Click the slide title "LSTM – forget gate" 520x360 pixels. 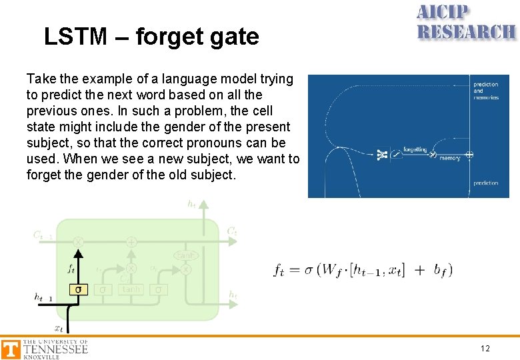click(x=151, y=37)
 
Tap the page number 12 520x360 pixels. click(x=485, y=349)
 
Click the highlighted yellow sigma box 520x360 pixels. click(x=79, y=289)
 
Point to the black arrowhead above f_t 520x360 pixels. click(x=79, y=254)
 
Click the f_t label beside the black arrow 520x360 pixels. click(x=71, y=269)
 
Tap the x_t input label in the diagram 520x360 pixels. click(x=59, y=328)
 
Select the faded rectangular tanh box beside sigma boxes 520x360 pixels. click(x=131, y=289)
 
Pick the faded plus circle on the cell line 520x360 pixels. click(x=131, y=241)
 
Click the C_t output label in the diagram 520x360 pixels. click(x=231, y=231)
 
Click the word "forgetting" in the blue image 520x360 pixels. click(x=415, y=149)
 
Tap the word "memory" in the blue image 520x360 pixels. click(x=450, y=159)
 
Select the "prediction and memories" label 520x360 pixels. click(x=486, y=91)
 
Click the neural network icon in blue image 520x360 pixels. click(x=381, y=155)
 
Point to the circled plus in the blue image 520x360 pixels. click(x=469, y=155)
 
